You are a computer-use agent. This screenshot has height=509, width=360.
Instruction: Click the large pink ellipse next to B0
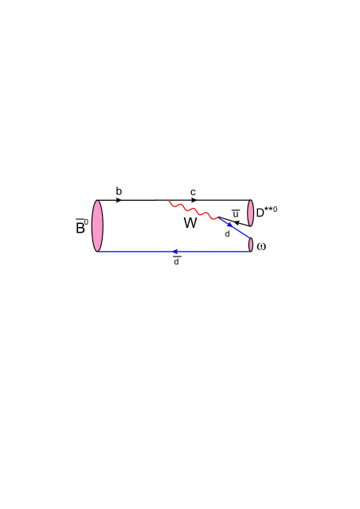coord(98,225)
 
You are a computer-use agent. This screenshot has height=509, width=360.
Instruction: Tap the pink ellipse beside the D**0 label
coord(251,213)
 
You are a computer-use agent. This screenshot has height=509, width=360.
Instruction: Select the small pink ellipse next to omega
coord(252,245)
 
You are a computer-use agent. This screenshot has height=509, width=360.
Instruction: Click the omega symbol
coord(262,246)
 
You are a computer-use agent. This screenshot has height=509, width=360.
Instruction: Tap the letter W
coord(190,224)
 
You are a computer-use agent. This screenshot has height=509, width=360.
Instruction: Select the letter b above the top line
coord(119,191)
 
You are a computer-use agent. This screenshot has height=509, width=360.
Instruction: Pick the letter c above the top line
coord(193,191)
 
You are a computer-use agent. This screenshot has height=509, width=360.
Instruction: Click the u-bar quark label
coord(235,212)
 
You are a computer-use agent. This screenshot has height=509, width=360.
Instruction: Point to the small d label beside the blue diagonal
coord(227,234)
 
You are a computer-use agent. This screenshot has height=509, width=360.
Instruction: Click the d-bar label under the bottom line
coord(176,261)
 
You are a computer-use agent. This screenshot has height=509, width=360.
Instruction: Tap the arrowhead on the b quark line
coord(119,200)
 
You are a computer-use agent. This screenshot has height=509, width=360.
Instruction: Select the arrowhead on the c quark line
coord(194,200)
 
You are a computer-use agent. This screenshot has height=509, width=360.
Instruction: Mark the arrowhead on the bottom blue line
coord(175,252)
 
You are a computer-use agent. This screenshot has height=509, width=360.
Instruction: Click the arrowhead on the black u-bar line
coord(236,222)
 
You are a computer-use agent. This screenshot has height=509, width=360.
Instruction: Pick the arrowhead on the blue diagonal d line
coord(232,229)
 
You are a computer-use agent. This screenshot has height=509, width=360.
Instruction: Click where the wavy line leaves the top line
coord(167,200)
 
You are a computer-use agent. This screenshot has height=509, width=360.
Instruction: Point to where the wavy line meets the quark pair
coord(217,217)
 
